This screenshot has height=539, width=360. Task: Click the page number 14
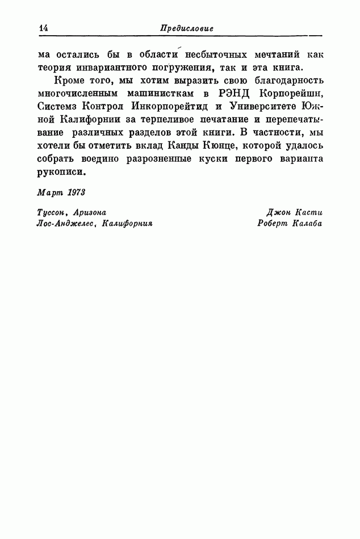43,28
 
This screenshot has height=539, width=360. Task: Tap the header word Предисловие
187,28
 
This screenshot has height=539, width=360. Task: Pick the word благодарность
287,82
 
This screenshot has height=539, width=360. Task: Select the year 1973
75,192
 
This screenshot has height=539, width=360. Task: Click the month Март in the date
49,192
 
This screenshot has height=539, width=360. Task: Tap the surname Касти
309,212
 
